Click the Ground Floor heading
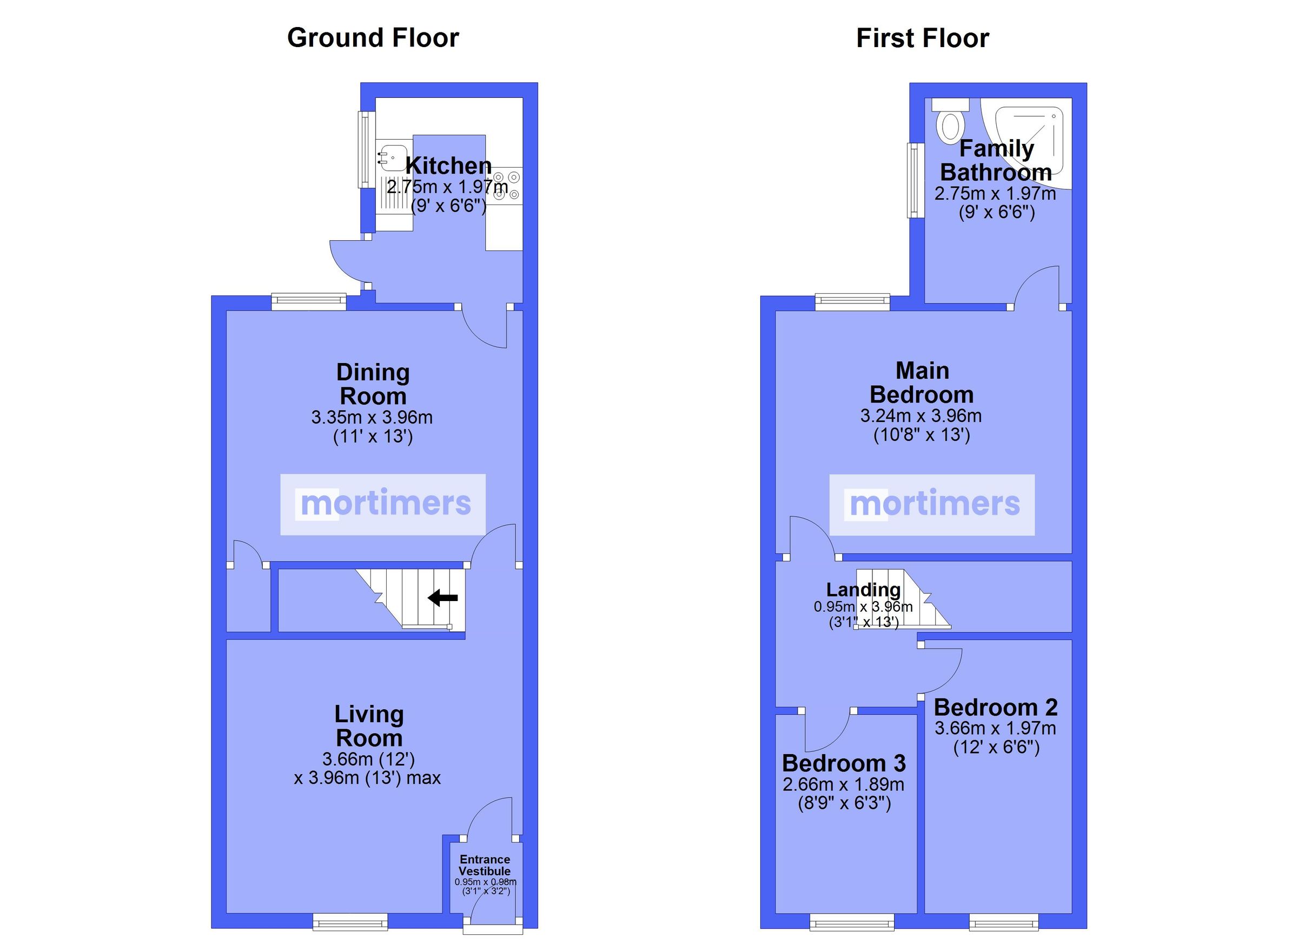coord(373,38)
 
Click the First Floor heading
coord(922,38)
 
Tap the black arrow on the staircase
coord(442,598)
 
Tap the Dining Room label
coord(373,384)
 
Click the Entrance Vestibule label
coord(484,865)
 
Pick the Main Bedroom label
coord(922,382)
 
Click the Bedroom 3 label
coord(844,763)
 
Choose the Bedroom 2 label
coord(995,708)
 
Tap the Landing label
coord(863,589)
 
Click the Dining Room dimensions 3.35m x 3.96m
coord(372,417)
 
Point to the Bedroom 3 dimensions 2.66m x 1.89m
coord(844,784)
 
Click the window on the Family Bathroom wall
coord(916,180)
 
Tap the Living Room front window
coord(350,922)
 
